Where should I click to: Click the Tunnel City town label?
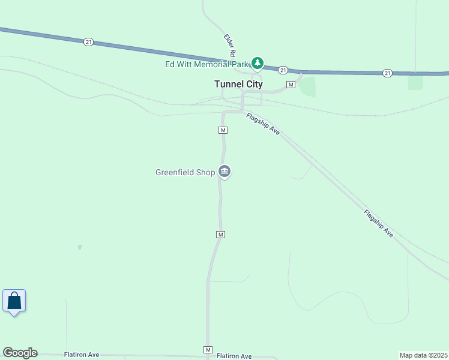(x=238, y=85)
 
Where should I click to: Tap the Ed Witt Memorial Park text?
(x=206, y=64)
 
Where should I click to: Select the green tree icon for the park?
(x=258, y=62)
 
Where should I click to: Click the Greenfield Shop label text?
(x=185, y=173)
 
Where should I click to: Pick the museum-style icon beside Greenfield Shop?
(x=224, y=172)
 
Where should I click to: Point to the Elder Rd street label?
(x=229, y=46)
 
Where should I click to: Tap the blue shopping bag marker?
(x=14, y=301)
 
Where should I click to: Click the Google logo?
(x=20, y=353)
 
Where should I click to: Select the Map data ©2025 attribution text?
(x=424, y=355)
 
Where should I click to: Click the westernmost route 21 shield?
(x=89, y=41)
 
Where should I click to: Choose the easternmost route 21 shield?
(x=387, y=73)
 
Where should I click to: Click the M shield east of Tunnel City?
(x=291, y=85)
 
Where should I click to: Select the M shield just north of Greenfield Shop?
(x=223, y=130)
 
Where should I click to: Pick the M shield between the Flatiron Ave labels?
(x=208, y=350)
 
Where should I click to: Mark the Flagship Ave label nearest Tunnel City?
(x=263, y=124)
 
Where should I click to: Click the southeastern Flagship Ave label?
(x=378, y=223)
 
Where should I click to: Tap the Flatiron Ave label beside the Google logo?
(x=82, y=355)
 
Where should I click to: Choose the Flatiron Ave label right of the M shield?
(x=234, y=356)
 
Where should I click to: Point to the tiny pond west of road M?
(x=79, y=247)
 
